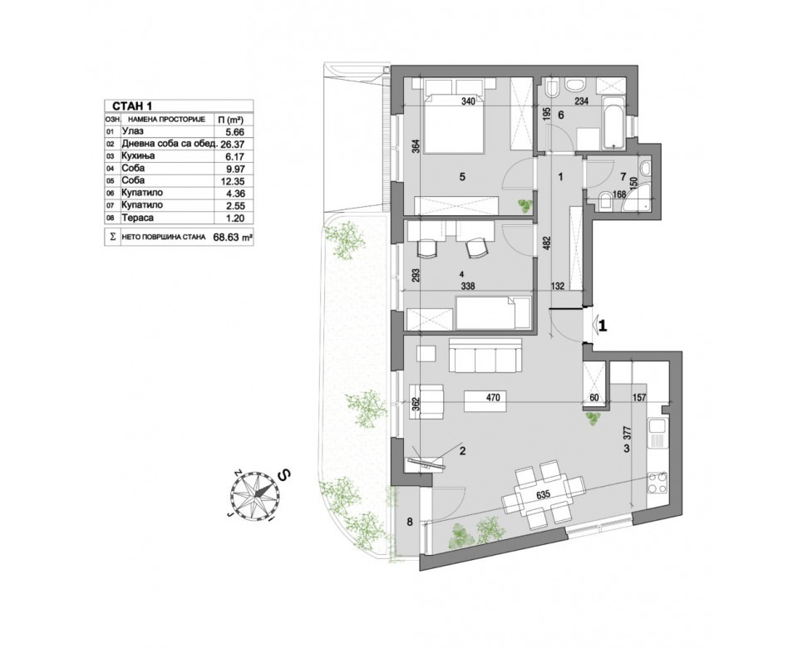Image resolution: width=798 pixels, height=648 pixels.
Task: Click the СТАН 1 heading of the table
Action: coord(132,106)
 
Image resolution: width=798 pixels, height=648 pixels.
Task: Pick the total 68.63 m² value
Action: coord(233,237)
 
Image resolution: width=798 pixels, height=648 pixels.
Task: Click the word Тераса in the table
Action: coord(137,218)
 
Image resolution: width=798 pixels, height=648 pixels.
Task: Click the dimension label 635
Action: coord(543,493)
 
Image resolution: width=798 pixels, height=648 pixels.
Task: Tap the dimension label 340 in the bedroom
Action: coord(468,101)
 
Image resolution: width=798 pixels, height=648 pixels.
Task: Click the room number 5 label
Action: coord(462,177)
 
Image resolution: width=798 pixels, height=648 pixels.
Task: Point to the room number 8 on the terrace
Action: coord(410,522)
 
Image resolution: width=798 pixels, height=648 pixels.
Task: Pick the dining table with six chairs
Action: coord(543,493)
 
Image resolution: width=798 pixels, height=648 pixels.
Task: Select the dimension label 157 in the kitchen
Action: coord(638,398)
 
